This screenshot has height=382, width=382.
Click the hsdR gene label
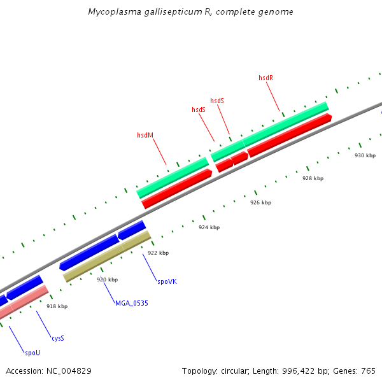tap(265, 78)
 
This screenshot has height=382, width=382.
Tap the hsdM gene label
tap(145, 135)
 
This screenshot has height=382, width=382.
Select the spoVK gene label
tap(167, 280)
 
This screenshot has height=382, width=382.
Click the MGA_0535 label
tap(131, 303)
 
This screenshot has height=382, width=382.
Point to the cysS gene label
tap(57, 338)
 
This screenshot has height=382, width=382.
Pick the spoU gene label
tap(32, 353)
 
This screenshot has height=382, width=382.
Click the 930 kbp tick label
tap(365, 156)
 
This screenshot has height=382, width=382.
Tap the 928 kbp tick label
tap(313, 179)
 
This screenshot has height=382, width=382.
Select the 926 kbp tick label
tap(260, 202)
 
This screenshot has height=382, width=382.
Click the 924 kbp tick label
tap(209, 227)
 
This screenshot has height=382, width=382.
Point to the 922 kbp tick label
tap(158, 253)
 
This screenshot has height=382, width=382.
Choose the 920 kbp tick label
tap(107, 279)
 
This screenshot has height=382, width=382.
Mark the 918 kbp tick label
tap(57, 306)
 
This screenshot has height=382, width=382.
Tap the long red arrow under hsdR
tap(290, 134)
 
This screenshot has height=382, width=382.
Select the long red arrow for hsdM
tap(177, 188)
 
